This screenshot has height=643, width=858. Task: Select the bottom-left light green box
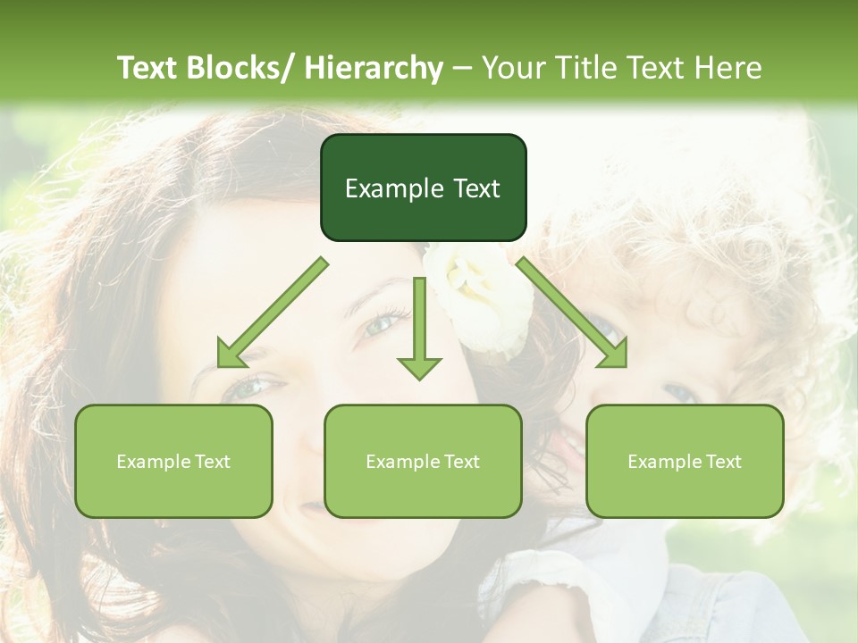(x=173, y=461)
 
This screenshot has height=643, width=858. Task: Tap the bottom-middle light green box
(x=423, y=461)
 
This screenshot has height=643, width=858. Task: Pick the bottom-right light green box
(x=685, y=461)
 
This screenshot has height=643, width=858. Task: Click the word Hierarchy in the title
(x=373, y=68)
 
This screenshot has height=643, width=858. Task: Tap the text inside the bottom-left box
(x=173, y=462)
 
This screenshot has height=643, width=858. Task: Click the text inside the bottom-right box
(x=685, y=462)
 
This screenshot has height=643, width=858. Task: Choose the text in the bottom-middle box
(x=423, y=462)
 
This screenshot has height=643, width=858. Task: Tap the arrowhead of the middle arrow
(x=419, y=366)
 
